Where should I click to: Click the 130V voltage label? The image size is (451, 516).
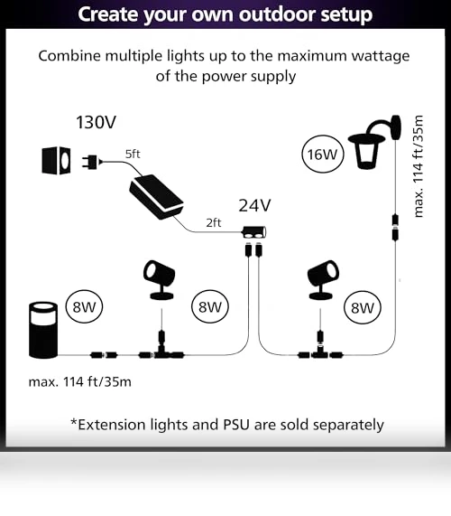pyautogui.click(x=96, y=122)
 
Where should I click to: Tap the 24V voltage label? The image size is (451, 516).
pyautogui.click(x=254, y=205)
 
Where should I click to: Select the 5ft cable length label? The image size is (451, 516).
pyautogui.click(x=133, y=154)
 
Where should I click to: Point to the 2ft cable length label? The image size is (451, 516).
pyautogui.click(x=214, y=223)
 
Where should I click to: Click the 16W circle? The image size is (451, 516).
pyautogui.click(x=323, y=155)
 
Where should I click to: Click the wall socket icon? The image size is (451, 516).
pyautogui.click(x=56, y=161)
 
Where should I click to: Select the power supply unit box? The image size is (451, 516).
pyautogui.click(x=156, y=197)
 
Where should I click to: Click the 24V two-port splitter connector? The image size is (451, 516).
pyautogui.click(x=254, y=232)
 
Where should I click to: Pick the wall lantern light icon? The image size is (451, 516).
pyautogui.click(x=375, y=142)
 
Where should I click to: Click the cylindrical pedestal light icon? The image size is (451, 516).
pyautogui.click(x=43, y=330)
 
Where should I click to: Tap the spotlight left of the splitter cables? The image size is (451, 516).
pyautogui.click(x=160, y=280)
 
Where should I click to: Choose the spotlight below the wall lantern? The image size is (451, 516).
pyautogui.click(x=323, y=280)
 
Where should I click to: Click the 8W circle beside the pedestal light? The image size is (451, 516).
pyautogui.click(x=84, y=307)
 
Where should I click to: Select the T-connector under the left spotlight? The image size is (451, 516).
pyautogui.click(x=161, y=349)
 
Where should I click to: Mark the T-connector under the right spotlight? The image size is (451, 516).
pyautogui.click(x=320, y=349)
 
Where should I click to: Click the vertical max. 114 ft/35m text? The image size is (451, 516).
pyautogui.click(x=419, y=166)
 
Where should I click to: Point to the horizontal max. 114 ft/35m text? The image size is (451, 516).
pyautogui.click(x=79, y=382)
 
